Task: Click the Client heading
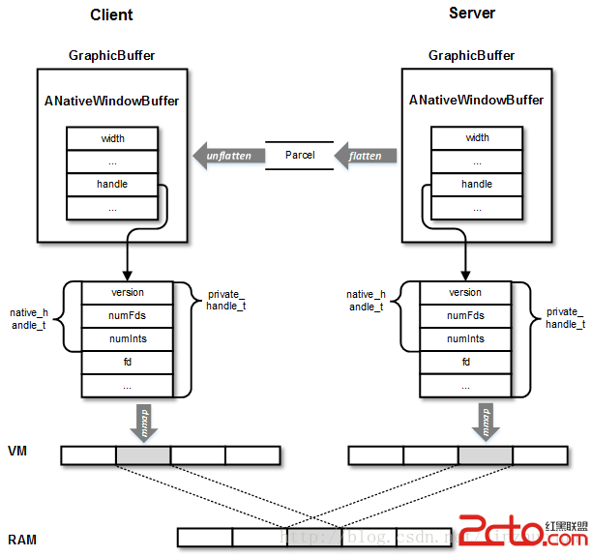point(111,15)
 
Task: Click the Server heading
point(472,14)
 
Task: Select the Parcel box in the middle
point(300,155)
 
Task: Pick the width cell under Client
point(112,138)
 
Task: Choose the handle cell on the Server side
point(477,184)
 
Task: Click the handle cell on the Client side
point(112,184)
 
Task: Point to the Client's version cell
point(128,292)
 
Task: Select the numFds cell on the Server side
point(465,315)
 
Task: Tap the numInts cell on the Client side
point(128,338)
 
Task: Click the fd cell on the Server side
point(465,362)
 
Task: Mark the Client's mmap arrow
point(142,422)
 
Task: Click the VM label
point(17,452)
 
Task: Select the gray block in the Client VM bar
point(142,455)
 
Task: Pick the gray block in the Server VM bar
point(486,455)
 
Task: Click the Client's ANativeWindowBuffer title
point(112,101)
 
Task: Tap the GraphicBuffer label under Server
point(472,56)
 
